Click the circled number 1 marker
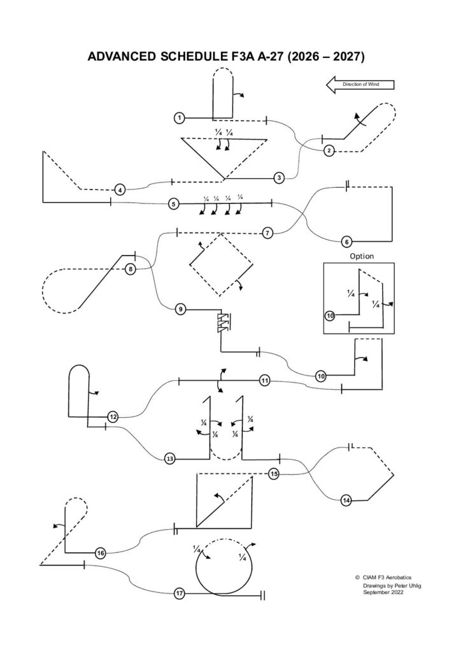click(x=180, y=118)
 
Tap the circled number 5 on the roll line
click(x=173, y=204)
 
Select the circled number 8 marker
click(x=130, y=269)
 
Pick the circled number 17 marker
click(x=180, y=593)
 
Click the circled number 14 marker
click(x=346, y=500)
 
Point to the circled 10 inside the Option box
click(x=330, y=315)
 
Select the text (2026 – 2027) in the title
click(x=325, y=57)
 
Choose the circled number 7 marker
click(x=267, y=232)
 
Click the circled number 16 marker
click(x=100, y=553)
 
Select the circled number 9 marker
click(x=181, y=309)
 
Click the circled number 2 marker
click(x=329, y=151)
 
